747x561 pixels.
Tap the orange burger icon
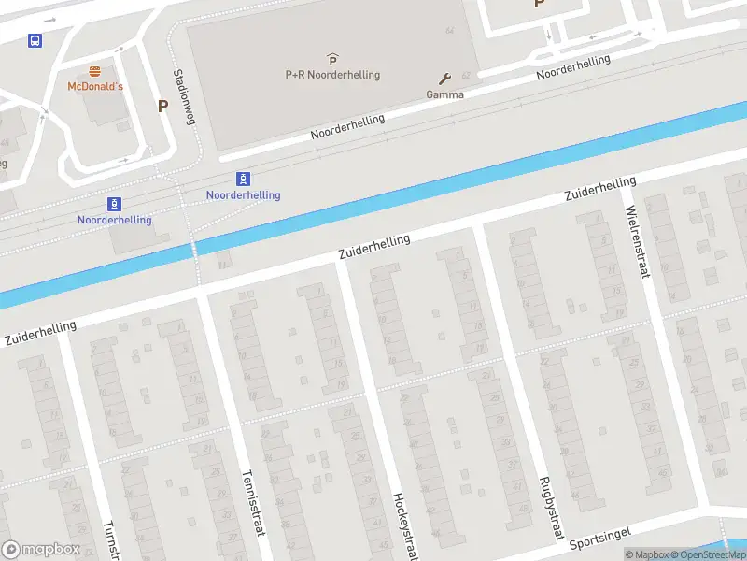94,71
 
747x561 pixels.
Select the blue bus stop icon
35,40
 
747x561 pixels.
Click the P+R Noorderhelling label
332,75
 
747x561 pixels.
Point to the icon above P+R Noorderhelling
332,60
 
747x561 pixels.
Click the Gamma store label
444,94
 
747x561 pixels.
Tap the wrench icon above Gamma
444,79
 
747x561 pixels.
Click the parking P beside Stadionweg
162,106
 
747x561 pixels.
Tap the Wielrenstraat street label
637,241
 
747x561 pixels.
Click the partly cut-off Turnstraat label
111,540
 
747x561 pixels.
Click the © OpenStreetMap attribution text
711,554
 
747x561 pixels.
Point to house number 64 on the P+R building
450,31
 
